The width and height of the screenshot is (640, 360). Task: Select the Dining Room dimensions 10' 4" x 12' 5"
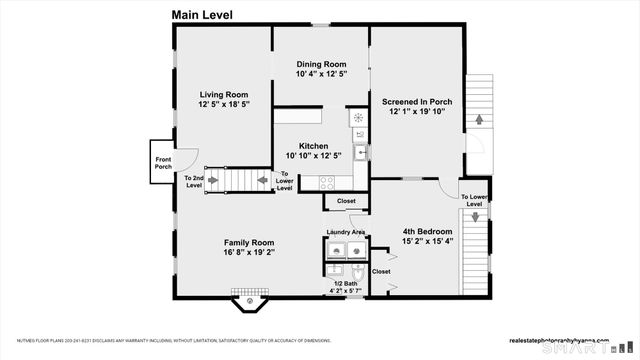pyautogui.click(x=321, y=74)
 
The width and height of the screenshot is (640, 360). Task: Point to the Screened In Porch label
pyautogui.click(x=417, y=101)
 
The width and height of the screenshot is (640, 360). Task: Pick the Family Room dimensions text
pyautogui.click(x=249, y=252)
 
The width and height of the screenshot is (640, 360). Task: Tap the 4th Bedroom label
pyautogui.click(x=428, y=230)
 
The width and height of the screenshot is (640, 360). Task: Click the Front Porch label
pyautogui.click(x=163, y=163)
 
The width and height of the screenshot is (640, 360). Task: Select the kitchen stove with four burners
pyautogui.click(x=326, y=181)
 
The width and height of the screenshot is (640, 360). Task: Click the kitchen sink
pyautogui.click(x=359, y=152)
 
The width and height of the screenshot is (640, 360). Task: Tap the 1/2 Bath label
pyautogui.click(x=345, y=284)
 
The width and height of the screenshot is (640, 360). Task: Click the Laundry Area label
pyautogui.click(x=345, y=233)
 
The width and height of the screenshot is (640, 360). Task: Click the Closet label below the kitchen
pyautogui.click(x=346, y=201)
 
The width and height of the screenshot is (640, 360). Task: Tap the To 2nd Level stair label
pyautogui.click(x=193, y=182)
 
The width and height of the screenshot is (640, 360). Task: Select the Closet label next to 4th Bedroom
pyautogui.click(x=381, y=270)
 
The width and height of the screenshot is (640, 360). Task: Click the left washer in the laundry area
pyautogui.click(x=335, y=250)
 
